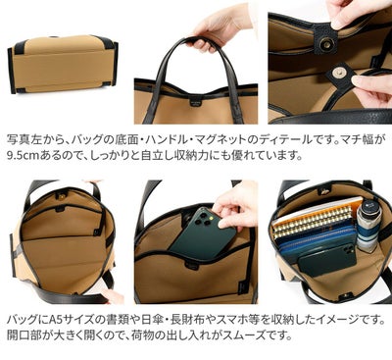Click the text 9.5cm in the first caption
[25, 155]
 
